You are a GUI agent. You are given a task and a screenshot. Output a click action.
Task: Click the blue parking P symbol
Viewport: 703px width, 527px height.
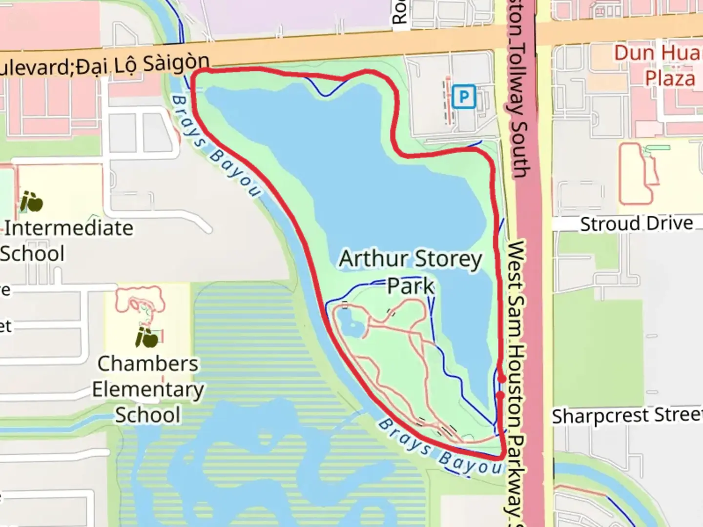pyautogui.click(x=463, y=97)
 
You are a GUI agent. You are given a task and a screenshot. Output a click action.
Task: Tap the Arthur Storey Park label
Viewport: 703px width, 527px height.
pyautogui.click(x=411, y=272)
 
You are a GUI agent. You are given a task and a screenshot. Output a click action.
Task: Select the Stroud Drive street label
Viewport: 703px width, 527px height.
pyautogui.click(x=636, y=223)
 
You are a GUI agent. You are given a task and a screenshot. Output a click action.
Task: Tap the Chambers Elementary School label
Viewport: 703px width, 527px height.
pyautogui.click(x=148, y=389)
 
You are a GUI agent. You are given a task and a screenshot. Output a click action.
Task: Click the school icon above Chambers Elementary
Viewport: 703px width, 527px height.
pyautogui.click(x=147, y=337)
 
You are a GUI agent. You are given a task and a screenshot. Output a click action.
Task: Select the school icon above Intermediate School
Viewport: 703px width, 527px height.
pyautogui.click(x=31, y=202)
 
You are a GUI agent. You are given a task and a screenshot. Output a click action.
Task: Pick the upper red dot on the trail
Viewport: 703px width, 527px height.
pyautogui.click(x=502, y=379)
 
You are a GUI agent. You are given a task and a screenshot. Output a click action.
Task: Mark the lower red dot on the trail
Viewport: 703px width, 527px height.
pyautogui.click(x=500, y=395)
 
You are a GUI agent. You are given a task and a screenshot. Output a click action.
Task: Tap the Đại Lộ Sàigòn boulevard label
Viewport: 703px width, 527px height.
pyautogui.click(x=105, y=65)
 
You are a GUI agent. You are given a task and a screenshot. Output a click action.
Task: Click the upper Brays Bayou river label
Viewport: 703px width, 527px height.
pyautogui.click(x=215, y=145)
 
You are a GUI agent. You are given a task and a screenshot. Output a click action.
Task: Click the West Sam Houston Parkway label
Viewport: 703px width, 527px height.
pyautogui.click(x=516, y=376)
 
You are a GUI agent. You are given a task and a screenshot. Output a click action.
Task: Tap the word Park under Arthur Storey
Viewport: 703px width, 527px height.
pyautogui.click(x=411, y=286)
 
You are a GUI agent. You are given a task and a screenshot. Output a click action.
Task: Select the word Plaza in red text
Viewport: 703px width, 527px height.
pyautogui.click(x=670, y=78)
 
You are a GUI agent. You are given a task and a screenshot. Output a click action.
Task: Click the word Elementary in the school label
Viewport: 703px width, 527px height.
pyautogui.click(x=148, y=389)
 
